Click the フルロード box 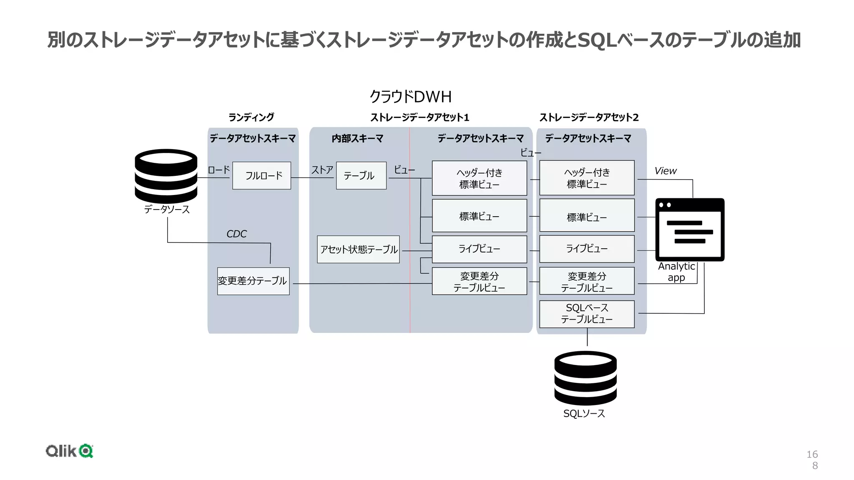[261, 175]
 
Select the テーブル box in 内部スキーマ [361, 175]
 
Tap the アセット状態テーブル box [358, 249]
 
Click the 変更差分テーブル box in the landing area [253, 281]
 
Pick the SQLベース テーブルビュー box [587, 314]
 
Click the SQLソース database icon [585, 378]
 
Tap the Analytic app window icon [690, 230]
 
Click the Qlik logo [69, 451]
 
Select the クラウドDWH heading [410, 97]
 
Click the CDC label [236, 234]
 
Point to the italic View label [665, 171]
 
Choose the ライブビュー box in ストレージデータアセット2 [587, 249]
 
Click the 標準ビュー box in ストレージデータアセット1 [479, 216]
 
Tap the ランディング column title [251, 117]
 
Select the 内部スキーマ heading [357, 138]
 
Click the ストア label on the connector [322, 170]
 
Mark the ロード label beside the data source [219, 170]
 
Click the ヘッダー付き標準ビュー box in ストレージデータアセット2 [587, 178]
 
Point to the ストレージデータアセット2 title [589, 117]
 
